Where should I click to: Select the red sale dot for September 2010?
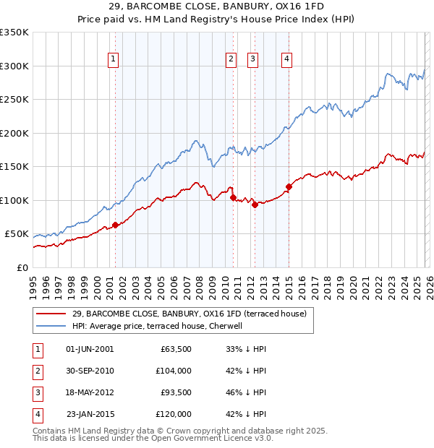[233, 197]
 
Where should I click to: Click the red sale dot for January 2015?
[289, 186]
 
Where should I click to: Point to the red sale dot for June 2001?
[115, 225]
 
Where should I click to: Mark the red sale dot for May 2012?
[255, 204]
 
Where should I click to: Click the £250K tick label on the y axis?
[14, 100]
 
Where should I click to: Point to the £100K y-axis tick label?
[14, 200]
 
